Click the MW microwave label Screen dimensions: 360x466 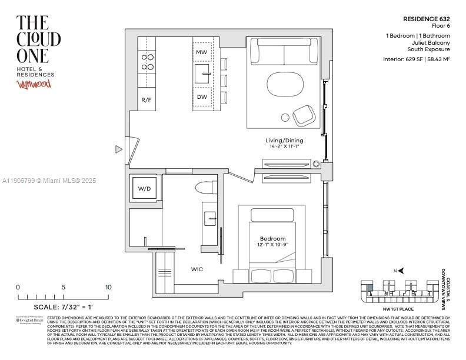(x=201, y=52)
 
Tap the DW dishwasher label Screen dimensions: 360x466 (x=201, y=97)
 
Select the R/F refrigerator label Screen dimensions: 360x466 (x=147, y=100)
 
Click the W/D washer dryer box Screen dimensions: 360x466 (x=144, y=189)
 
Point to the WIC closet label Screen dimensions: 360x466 (x=197, y=269)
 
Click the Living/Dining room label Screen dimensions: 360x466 (x=284, y=141)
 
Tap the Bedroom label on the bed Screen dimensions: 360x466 (x=273, y=239)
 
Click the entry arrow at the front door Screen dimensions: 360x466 (x=119, y=149)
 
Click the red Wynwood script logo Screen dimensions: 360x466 (x=34, y=84)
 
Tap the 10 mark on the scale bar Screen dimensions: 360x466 (x=108, y=287)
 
